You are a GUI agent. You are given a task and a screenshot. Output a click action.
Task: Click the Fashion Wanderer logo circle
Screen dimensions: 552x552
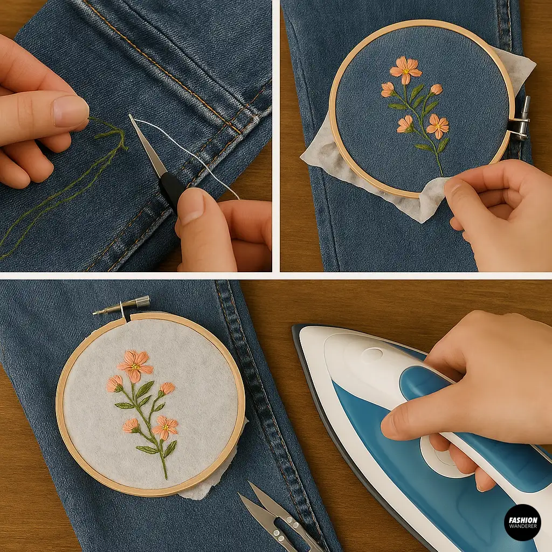click(522, 522)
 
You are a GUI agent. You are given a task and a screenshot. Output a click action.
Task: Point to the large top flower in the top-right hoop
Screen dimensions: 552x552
click(405, 68)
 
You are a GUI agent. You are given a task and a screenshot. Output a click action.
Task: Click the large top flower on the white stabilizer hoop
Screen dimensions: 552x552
click(135, 365)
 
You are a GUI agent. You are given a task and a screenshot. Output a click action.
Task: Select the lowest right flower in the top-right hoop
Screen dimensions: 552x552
click(438, 126)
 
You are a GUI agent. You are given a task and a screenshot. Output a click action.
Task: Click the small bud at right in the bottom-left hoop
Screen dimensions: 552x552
click(167, 388)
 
